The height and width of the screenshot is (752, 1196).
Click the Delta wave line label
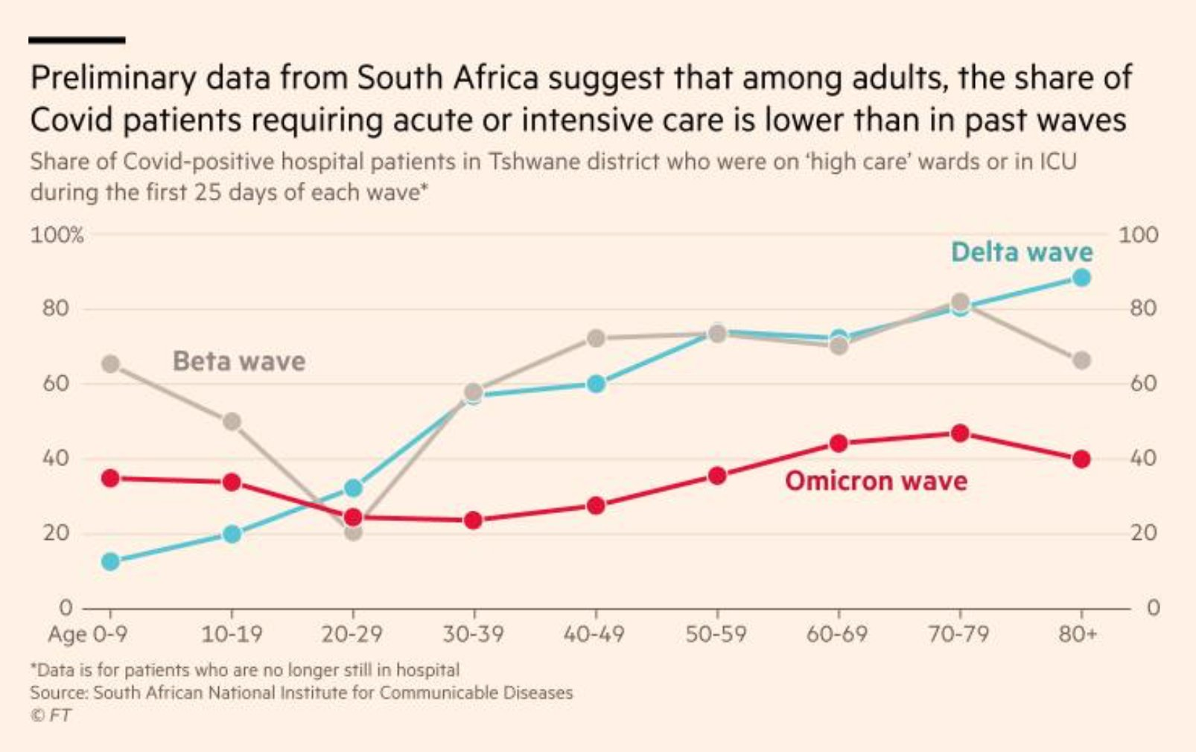pos(1022,252)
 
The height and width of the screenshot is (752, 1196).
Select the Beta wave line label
pos(239,362)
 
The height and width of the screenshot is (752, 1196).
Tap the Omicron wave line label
pos(876,481)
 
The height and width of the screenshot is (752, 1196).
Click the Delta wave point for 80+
pos(1081,278)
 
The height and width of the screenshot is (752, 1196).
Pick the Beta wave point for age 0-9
pos(110,364)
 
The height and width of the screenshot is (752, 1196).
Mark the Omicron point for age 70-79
pos(960,433)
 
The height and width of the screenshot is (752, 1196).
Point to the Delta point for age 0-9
pos(110,561)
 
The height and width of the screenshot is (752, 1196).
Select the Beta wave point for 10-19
pos(232,421)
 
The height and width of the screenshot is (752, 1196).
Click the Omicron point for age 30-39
pos(474,520)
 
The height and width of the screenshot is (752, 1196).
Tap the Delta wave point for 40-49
pos(596,384)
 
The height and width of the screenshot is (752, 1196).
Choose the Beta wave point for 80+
pos(1081,360)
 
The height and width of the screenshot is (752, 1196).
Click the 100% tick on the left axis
pos(57,236)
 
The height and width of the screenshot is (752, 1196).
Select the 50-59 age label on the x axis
pos(716,634)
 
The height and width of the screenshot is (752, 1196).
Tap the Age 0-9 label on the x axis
pos(87,634)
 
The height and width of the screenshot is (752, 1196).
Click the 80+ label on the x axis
pos(1078,634)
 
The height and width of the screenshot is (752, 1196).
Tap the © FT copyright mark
pos(51,716)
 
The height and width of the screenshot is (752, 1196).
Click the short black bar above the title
pos(77,39)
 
